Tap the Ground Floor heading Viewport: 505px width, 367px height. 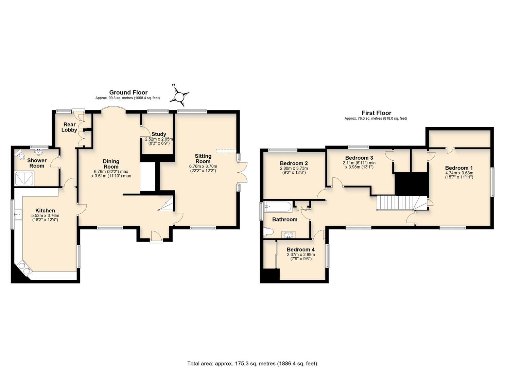[x=128, y=92]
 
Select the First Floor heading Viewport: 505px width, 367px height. [x=377, y=113]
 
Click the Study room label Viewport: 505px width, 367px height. [x=159, y=134]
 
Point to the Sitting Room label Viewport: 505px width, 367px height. [x=203, y=159]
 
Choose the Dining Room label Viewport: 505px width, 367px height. [x=111, y=164]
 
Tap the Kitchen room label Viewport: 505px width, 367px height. [x=45, y=211]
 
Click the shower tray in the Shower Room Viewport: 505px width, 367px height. [x=24, y=178]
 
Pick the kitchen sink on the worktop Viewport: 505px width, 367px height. [x=18, y=214]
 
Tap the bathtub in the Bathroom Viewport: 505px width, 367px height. [x=278, y=207]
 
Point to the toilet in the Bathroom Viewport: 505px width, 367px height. [x=268, y=232]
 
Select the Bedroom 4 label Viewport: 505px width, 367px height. [x=301, y=249]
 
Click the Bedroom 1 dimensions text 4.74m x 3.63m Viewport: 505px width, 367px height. [x=458, y=173]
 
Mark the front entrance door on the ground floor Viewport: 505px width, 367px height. [x=156, y=237]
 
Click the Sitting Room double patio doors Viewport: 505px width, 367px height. [x=242, y=172]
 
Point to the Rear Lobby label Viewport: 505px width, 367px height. [x=69, y=127]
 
